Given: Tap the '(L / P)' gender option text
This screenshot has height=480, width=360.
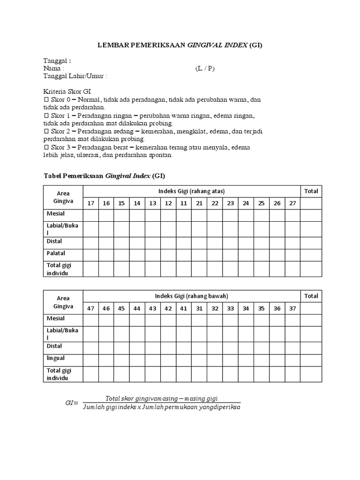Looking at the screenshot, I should pyautogui.click(x=205, y=68).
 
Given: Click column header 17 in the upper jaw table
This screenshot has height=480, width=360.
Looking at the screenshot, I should pyautogui.click(x=91, y=203).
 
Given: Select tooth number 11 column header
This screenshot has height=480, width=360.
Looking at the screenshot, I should pyautogui.click(x=184, y=203).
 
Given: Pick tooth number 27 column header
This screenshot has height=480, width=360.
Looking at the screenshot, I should pyautogui.click(x=292, y=203).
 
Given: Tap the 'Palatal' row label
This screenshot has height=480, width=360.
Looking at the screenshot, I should pyautogui.click(x=56, y=254).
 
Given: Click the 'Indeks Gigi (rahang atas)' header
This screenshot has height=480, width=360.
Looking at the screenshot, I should pyautogui.click(x=192, y=191).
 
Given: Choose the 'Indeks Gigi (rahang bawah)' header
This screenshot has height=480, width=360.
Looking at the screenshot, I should pyautogui.click(x=192, y=296).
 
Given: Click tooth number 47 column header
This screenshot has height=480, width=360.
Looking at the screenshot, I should pyautogui.click(x=91, y=308).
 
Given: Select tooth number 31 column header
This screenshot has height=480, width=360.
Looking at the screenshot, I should pyautogui.click(x=199, y=308).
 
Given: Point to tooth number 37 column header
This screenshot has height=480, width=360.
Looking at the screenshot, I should pyautogui.click(x=292, y=308).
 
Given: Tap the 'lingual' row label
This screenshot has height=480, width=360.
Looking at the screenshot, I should pyautogui.click(x=56, y=359).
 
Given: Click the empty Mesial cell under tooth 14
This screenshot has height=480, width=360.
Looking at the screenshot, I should pyautogui.click(x=137, y=215).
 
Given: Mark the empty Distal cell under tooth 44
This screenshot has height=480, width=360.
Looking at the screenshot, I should pyautogui.click(x=137, y=347).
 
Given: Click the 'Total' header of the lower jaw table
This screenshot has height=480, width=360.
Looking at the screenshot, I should pyautogui.click(x=311, y=296).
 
